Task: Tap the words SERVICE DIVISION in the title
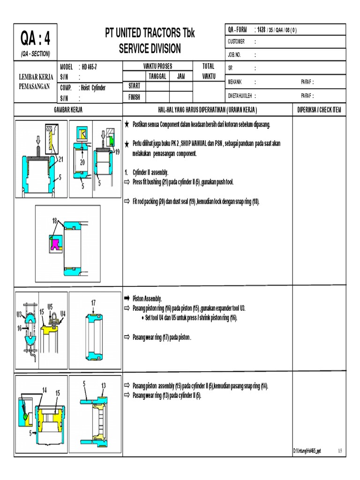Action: (x=150, y=49)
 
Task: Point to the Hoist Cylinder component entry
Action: (x=94, y=88)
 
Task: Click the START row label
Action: (x=134, y=86)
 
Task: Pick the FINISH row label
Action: (x=135, y=97)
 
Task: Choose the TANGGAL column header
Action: (x=157, y=76)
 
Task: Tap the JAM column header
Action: (x=180, y=76)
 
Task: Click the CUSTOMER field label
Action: (x=236, y=42)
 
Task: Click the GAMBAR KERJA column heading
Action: (x=68, y=109)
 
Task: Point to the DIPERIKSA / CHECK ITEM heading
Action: (x=319, y=109)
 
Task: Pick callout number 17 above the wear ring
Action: (x=93, y=303)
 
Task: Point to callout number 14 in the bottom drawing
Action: (x=44, y=390)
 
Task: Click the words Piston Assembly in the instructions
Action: (x=147, y=298)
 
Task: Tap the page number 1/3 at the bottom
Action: (x=340, y=451)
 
